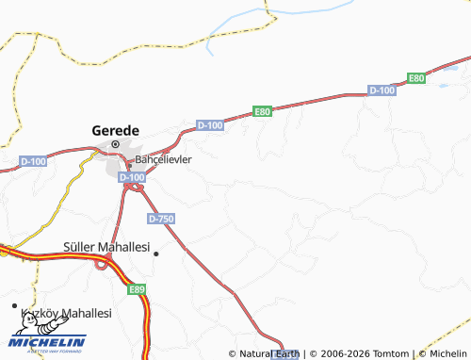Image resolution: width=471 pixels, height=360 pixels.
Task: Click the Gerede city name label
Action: point(115,129)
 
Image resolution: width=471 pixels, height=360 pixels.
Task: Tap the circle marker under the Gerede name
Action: point(116,144)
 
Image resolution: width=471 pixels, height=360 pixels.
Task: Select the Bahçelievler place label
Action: point(164,159)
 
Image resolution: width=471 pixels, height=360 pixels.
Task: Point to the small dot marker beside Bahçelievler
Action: point(129,159)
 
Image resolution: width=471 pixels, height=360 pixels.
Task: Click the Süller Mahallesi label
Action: point(106,247)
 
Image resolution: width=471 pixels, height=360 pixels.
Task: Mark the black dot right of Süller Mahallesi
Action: point(156,254)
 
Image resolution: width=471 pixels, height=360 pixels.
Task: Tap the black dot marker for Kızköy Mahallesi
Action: point(15,307)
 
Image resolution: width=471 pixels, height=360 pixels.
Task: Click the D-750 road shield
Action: point(160,218)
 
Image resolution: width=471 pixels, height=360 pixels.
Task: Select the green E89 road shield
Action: point(138,290)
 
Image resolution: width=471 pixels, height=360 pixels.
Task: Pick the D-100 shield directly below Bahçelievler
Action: point(133,176)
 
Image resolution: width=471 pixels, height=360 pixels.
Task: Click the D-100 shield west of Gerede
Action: point(34,162)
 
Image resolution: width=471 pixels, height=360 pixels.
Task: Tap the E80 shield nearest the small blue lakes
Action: point(417,77)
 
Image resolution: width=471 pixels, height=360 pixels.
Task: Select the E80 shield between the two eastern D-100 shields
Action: point(263,111)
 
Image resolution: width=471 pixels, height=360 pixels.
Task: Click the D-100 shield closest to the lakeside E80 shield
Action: point(382,90)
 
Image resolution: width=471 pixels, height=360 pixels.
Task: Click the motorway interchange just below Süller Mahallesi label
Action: point(100,263)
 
